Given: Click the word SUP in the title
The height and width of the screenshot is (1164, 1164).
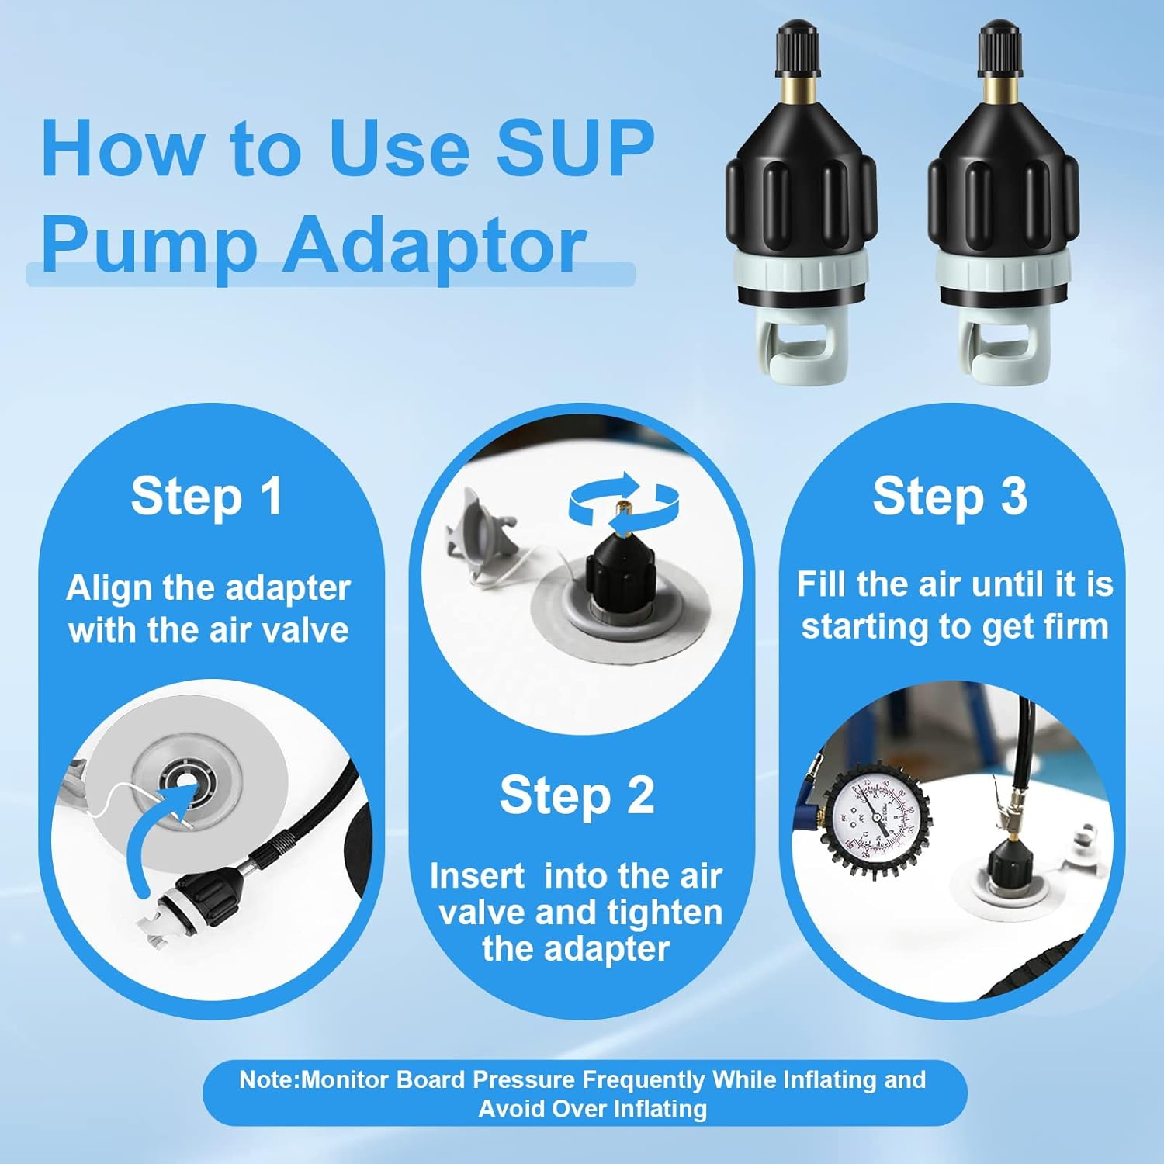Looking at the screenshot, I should pos(575,148).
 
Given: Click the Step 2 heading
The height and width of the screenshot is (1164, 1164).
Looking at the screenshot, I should pos(577,795).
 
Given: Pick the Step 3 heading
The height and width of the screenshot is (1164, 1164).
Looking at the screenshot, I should pos(950,496).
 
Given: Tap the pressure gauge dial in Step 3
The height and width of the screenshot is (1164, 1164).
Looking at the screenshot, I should pos(875,815).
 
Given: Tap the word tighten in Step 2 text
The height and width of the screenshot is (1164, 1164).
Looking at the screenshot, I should pos(664,913).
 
